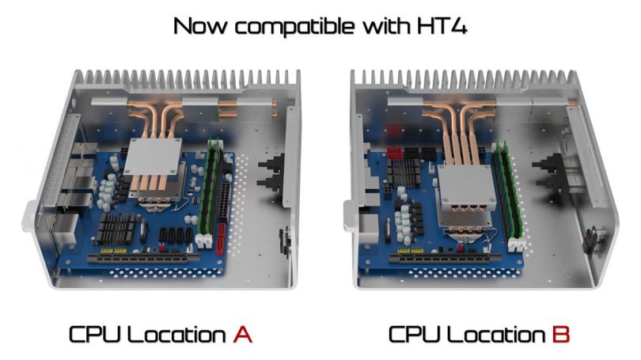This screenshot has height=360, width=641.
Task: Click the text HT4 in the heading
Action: point(442,26)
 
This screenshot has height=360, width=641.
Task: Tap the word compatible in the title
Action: point(294,26)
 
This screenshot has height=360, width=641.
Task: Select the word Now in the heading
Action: point(200,26)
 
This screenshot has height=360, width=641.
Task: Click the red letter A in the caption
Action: point(243,334)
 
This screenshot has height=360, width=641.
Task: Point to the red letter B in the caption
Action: point(560,334)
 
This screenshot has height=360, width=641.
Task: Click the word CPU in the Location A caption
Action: point(95,334)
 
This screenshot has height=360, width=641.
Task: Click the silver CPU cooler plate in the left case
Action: point(153,157)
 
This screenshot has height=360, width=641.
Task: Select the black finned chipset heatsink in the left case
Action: point(116,229)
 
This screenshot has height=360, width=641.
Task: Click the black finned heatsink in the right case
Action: point(404,173)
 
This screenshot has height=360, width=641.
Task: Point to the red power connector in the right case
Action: point(395,153)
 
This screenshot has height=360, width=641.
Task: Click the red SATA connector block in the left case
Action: point(221,238)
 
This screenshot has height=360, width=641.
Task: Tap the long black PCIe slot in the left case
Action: point(143,258)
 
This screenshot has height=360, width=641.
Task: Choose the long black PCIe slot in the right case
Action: point(445,258)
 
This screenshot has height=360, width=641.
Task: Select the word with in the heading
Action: point(385,26)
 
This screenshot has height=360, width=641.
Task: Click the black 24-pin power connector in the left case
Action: point(225,201)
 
